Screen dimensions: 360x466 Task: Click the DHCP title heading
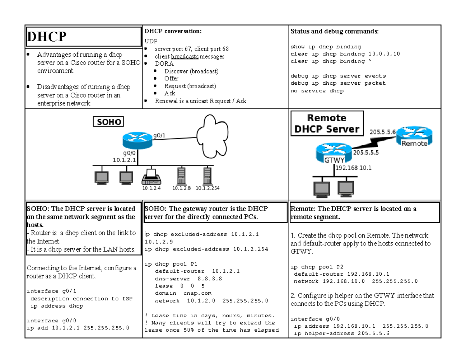[x=47, y=37]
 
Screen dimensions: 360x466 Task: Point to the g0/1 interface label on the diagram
[x=160, y=136]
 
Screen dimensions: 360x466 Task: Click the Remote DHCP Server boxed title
[x=327, y=123]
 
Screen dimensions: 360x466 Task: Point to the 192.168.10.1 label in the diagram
[x=353, y=168]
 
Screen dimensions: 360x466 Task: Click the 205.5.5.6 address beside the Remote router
[x=382, y=132]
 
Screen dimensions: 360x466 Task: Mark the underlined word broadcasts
[x=185, y=57]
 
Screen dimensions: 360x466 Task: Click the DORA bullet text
[x=164, y=64]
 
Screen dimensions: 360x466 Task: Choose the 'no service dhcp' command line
[x=317, y=91]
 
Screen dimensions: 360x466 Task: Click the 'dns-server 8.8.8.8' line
[x=188, y=279]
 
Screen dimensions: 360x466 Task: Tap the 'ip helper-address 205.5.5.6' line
[x=342, y=334]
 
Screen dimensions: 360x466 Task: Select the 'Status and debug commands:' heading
[x=334, y=31]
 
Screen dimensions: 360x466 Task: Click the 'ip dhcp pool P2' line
[x=317, y=267]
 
